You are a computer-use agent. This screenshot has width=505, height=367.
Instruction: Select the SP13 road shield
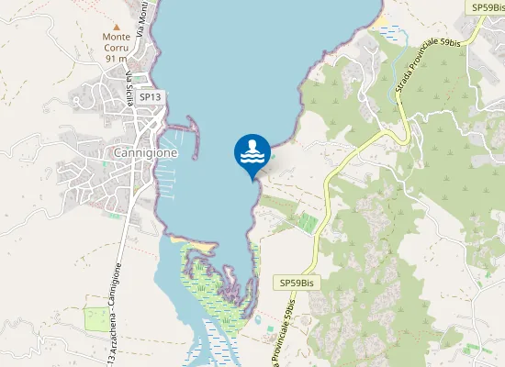pos(150,96)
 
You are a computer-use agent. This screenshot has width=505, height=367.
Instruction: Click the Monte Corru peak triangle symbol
pos(117,27)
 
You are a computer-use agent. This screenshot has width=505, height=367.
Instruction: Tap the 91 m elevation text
pos(117,59)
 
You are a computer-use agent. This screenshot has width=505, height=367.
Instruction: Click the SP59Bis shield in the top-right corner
pos(486,7)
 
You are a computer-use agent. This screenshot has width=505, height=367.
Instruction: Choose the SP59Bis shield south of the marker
pos(298,283)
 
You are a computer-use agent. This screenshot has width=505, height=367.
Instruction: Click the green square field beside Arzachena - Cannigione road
pos(96,318)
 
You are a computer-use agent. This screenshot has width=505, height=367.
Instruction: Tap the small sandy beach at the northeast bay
pos(378,20)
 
